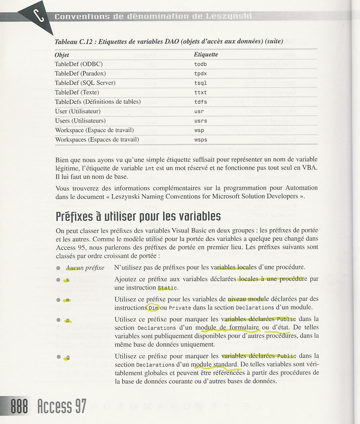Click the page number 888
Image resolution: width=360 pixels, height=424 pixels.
pyautogui.click(x=19, y=407)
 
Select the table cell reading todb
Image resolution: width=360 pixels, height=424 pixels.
pyautogui.click(x=200, y=64)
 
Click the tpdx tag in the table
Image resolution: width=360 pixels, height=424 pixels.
pyautogui.click(x=200, y=73)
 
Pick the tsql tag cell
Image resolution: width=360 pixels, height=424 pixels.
pyautogui.click(x=200, y=83)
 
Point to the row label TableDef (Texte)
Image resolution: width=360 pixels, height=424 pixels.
pyautogui.click(x=77, y=92)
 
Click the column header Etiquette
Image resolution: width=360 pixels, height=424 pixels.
pyautogui.click(x=206, y=54)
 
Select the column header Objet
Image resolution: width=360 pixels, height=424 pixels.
pyautogui.click(x=62, y=55)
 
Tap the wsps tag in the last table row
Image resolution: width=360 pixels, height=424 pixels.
pyautogui.click(x=200, y=140)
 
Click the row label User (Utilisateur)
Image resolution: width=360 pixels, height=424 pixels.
pyautogui.click(x=78, y=111)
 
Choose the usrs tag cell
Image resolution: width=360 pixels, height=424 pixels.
pyautogui.click(x=200, y=121)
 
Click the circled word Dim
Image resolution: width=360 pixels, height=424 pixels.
pyautogui.click(x=153, y=308)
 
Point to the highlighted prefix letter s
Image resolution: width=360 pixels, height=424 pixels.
pyautogui.click(x=67, y=280)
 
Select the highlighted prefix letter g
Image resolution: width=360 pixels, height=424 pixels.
pyautogui.click(x=68, y=357)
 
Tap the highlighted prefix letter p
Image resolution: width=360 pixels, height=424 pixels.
pyautogui.click(x=68, y=320)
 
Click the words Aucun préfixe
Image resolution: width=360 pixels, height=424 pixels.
pyautogui.click(x=85, y=268)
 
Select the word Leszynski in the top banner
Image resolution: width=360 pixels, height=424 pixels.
pyautogui.click(x=230, y=16)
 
